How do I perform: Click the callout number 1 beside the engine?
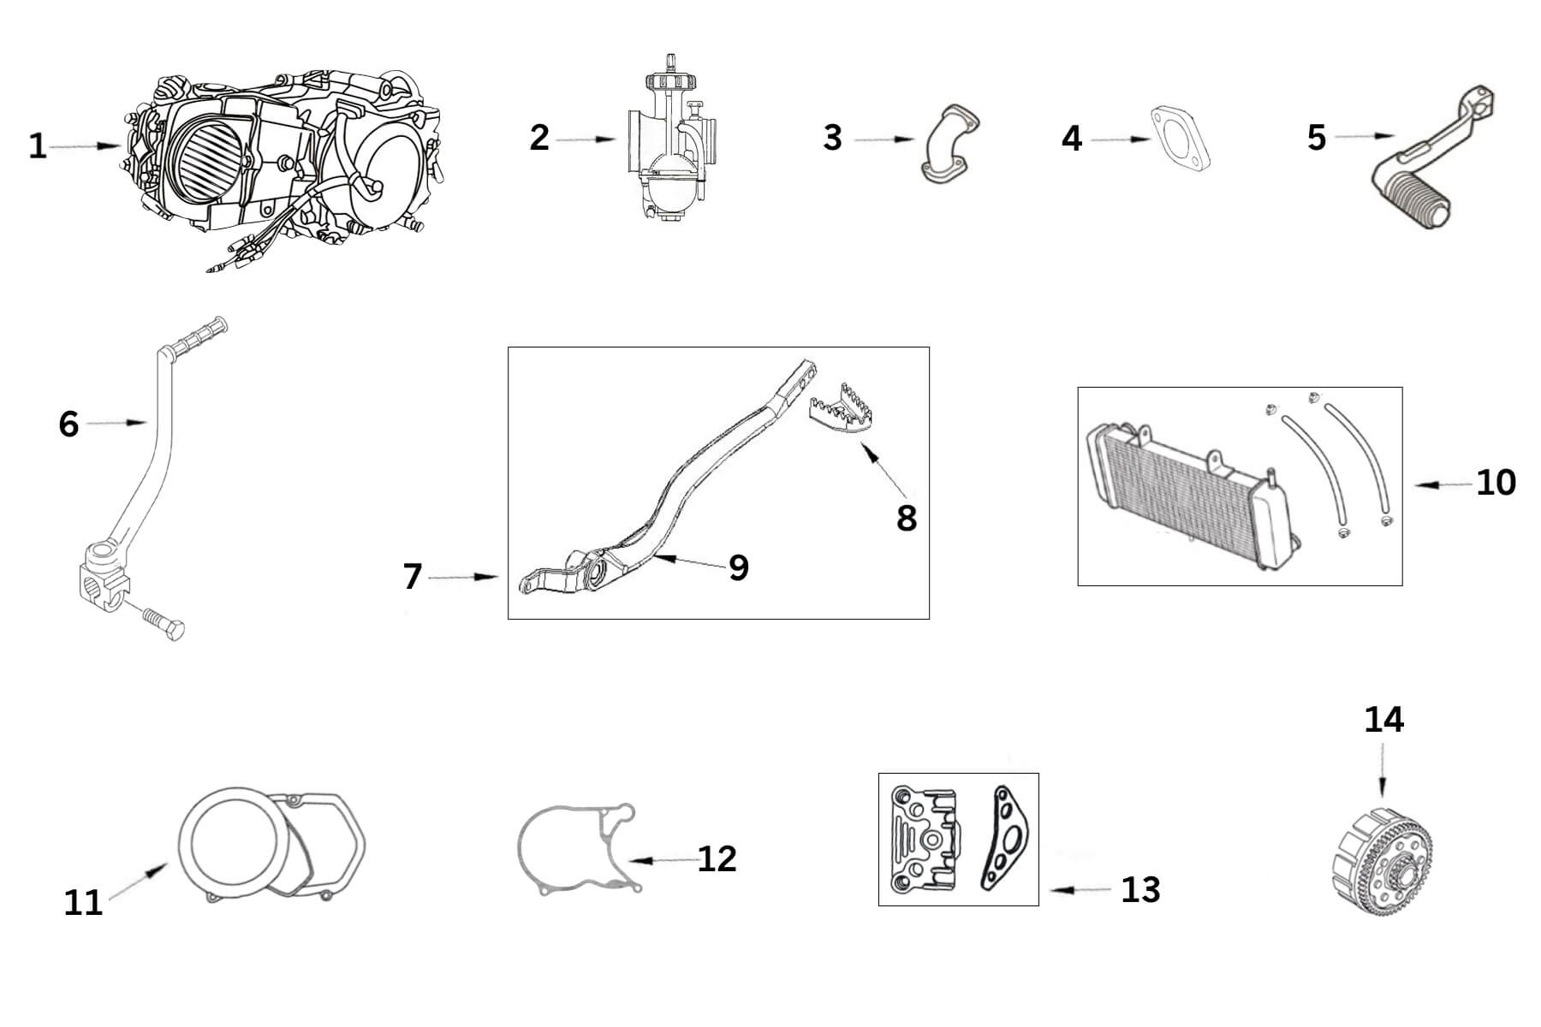click(x=38, y=145)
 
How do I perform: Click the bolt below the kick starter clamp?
click(x=164, y=625)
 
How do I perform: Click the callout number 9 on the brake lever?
click(x=738, y=567)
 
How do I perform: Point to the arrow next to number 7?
click(x=463, y=578)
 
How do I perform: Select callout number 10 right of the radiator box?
click(x=1496, y=484)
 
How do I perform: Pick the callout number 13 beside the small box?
click(x=1140, y=890)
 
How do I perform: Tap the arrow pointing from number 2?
click(x=586, y=139)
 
